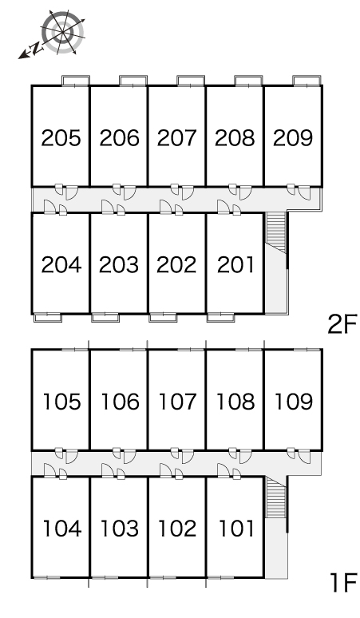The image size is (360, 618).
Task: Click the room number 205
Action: (61, 138)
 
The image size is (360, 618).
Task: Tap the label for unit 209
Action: (293, 138)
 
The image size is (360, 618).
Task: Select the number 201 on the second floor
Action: (236, 265)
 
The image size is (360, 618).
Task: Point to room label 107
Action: (177, 402)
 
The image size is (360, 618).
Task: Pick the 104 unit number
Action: (61, 529)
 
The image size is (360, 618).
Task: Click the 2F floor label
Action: (342, 324)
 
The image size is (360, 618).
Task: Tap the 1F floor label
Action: (343, 583)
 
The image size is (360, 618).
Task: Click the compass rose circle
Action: (63, 32)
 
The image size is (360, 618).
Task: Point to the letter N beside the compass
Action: (36, 48)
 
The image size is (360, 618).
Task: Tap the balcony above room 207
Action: (191, 81)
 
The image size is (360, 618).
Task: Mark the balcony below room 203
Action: (105, 317)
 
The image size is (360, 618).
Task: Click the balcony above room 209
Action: (307, 81)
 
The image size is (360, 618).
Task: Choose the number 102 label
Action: (177, 529)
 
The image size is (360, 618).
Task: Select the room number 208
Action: (235, 138)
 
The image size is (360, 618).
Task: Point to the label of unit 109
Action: (294, 402)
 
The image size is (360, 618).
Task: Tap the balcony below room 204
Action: (47, 317)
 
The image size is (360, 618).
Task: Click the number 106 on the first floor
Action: (120, 402)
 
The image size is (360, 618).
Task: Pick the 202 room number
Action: (176, 265)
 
